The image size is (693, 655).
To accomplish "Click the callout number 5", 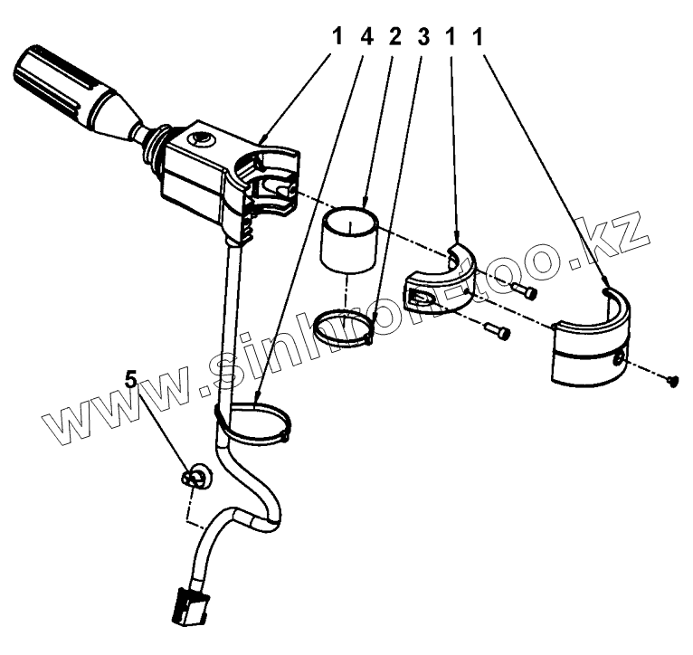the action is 131,380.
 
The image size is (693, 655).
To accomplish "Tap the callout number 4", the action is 365,37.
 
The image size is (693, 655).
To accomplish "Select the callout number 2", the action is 394,37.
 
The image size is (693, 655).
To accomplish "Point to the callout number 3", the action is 422,37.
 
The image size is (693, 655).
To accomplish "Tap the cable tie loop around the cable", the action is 256,423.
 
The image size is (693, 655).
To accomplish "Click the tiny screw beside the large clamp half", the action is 672,382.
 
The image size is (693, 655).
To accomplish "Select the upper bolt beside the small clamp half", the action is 523,290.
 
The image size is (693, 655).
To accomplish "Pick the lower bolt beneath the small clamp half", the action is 498,330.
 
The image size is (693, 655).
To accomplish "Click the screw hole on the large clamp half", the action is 617,360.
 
